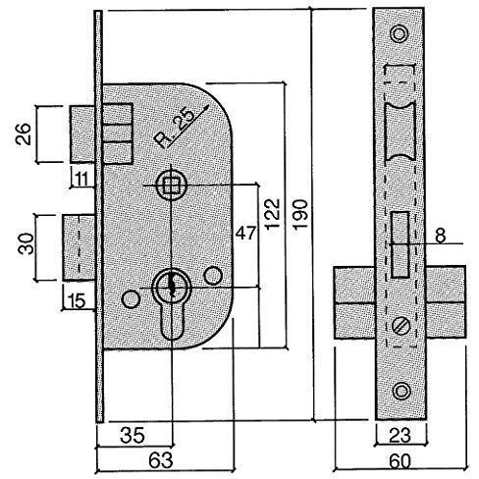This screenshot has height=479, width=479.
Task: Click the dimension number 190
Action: pyautogui.click(x=300, y=214)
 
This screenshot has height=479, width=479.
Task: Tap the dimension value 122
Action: pyautogui.click(x=273, y=214)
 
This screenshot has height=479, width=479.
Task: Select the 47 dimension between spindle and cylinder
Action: pyautogui.click(x=245, y=234)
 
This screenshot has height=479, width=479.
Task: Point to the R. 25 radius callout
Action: pyautogui.click(x=174, y=129)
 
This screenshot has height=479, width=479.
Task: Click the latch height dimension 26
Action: pyautogui.click(x=24, y=134)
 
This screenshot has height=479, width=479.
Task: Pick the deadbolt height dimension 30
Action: pyautogui.click(x=27, y=243)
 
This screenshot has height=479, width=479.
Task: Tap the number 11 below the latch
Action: pyautogui.click(x=80, y=179)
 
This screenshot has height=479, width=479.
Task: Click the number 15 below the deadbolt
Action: pyautogui.click(x=78, y=301)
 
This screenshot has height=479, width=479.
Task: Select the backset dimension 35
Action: pyautogui.click(x=133, y=436)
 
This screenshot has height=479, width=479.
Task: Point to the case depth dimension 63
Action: pyautogui.click(x=160, y=460)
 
